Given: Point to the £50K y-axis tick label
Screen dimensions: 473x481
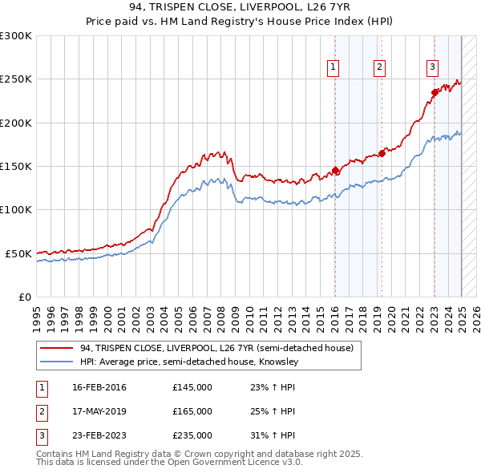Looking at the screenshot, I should pos(18,253).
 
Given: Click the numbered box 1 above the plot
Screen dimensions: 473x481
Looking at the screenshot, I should pos(332,67).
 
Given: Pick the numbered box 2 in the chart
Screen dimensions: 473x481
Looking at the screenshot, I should pos(378,67).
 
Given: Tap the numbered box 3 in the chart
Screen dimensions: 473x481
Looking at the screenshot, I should pos(432,67).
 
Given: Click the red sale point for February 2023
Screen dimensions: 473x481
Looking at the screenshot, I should pos(435,92).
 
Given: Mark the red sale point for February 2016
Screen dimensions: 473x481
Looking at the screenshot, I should pos(335,170).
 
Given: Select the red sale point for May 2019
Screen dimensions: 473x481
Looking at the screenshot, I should pos(382,153).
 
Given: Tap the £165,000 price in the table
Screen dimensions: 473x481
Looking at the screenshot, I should pos(192,411).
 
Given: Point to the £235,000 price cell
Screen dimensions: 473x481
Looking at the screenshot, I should pos(192,435).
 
